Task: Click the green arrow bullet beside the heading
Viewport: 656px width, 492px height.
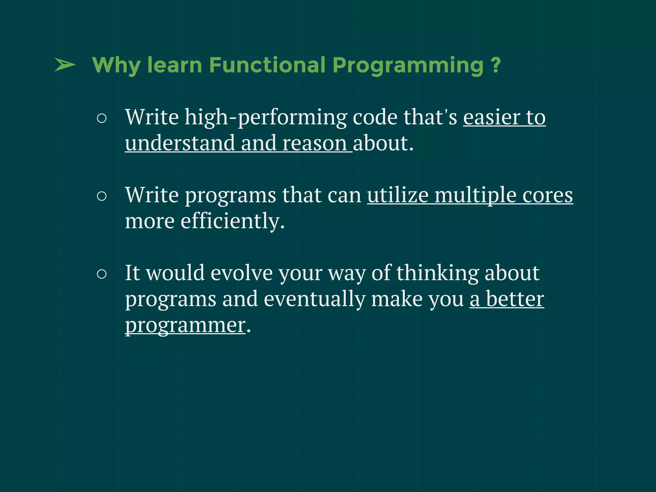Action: click(65, 65)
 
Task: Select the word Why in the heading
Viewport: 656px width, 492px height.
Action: click(116, 66)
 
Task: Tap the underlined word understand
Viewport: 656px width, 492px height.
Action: click(180, 143)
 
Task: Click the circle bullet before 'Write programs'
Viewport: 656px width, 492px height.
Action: click(102, 196)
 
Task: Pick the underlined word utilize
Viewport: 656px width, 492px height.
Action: click(398, 195)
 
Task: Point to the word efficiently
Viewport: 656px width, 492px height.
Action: click(232, 221)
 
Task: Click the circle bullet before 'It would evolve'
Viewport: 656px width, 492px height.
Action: click(102, 274)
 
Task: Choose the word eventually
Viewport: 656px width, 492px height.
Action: click(315, 299)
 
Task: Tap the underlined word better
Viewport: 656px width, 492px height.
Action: click(515, 299)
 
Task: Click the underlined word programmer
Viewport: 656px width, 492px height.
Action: click(185, 325)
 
